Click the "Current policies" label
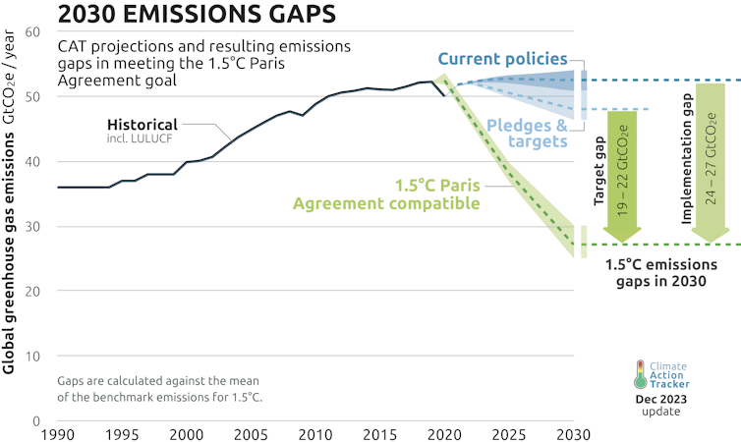click(x=516, y=60)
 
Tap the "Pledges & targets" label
click(x=527, y=134)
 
